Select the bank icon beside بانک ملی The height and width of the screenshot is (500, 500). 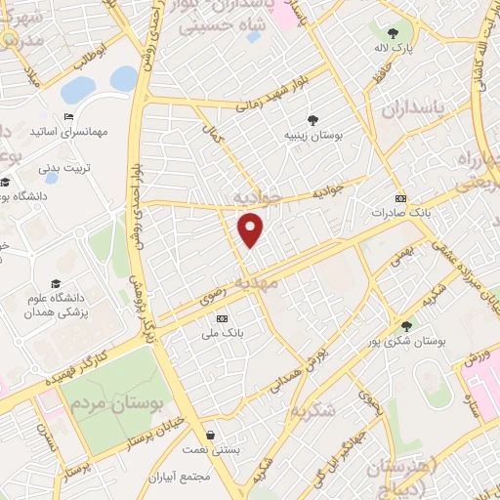[222, 318]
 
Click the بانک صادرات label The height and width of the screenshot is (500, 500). [400, 212]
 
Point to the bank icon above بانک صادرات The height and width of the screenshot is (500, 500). [399, 198]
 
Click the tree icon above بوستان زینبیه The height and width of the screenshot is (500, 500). [312, 120]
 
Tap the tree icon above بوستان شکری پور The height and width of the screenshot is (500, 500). [406, 326]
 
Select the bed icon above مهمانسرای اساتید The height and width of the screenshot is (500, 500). [67, 116]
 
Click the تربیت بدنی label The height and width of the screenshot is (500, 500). [64, 167]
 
